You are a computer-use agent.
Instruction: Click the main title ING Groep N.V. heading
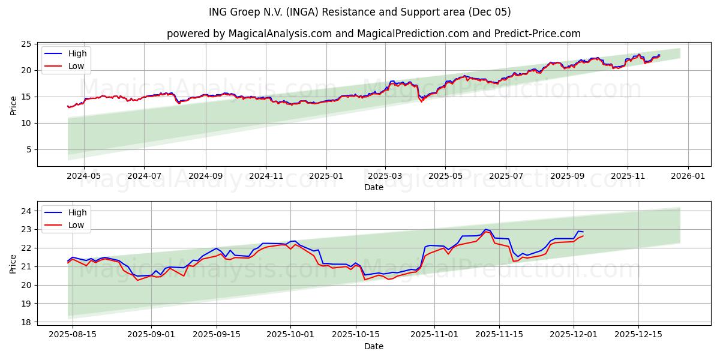click(x=360, y=12)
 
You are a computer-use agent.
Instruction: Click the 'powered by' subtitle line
click(x=373, y=34)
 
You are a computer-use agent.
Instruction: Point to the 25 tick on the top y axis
click(x=26, y=44)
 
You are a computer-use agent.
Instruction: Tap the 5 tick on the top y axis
click(x=28, y=149)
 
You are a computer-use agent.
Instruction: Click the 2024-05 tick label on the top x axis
click(x=83, y=176)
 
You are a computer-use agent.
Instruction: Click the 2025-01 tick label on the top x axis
click(x=326, y=176)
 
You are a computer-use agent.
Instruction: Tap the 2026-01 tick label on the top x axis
click(x=688, y=176)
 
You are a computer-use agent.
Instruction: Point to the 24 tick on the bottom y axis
click(x=26, y=211)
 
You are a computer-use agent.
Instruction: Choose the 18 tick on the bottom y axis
click(x=26, y=322)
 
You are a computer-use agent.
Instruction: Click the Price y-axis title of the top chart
click(x=13, y=106)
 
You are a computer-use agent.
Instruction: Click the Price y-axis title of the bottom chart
click(x=13, y=264)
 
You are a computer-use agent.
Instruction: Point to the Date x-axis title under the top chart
click(x=373, y=187)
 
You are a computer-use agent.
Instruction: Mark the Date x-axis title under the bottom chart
click(x=373, y=346)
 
